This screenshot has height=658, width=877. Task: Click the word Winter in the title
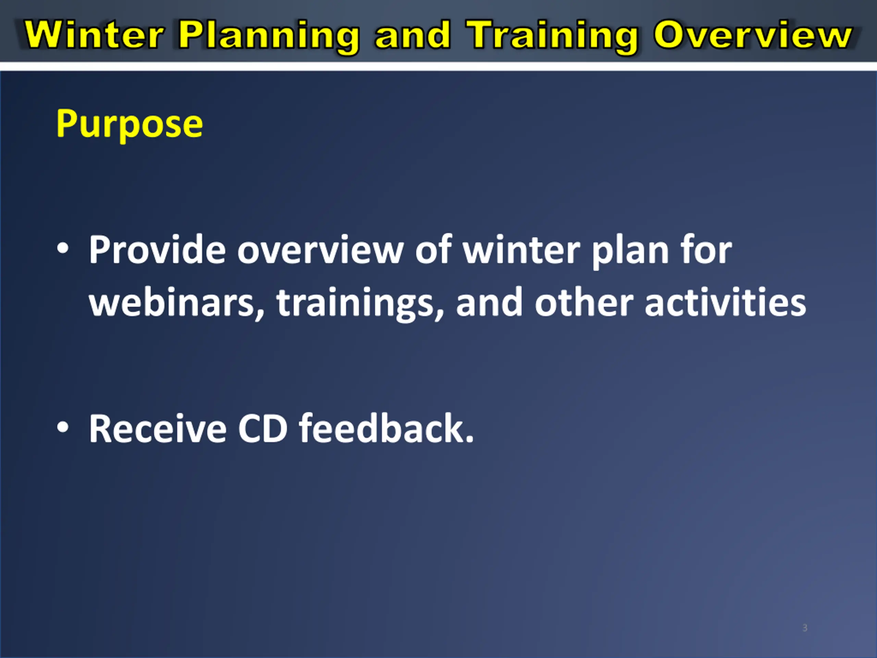tap(94, 35)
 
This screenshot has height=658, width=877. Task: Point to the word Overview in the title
tap(753, 35)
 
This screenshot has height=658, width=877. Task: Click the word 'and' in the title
tap(413, 35)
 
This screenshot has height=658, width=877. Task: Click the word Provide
tap(157, 249)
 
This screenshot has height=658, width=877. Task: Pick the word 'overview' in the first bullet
tap(320, 249)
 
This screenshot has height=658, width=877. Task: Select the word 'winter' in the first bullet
tap(522, 249)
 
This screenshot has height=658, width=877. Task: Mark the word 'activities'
tap(725, 302)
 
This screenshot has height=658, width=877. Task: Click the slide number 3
tap(805, 628)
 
